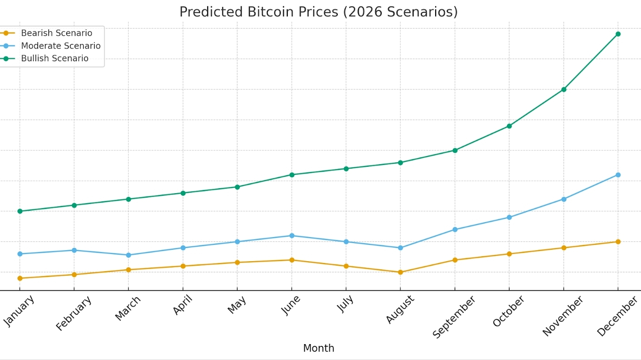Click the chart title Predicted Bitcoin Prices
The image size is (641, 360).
coord(318,12)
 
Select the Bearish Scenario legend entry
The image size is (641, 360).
coord(56,33)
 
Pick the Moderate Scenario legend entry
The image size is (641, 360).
coord(60,46)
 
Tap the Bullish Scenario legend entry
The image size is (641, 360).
coord(54,58)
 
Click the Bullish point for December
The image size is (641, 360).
coord(618,34)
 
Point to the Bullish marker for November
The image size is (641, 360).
coord(563,89)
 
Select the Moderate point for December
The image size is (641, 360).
coord(618,175)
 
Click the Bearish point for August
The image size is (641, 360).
coord(400,272)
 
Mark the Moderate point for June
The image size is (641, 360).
coord(291,236)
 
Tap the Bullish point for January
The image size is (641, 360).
coord(20,211)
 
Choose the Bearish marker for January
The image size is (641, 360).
coord(20,278)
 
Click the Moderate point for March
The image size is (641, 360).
coord(128,255)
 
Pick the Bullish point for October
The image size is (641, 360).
coord(509,126)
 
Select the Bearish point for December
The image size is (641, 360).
coord(618,242)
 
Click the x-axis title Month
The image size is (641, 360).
coord(318,348)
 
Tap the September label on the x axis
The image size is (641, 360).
coord(454,316)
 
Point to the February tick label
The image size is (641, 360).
coord(74,313)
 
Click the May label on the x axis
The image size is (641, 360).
coord(237,304)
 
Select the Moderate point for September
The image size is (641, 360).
coord(455,229)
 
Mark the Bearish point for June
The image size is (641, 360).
coord(291,260)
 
